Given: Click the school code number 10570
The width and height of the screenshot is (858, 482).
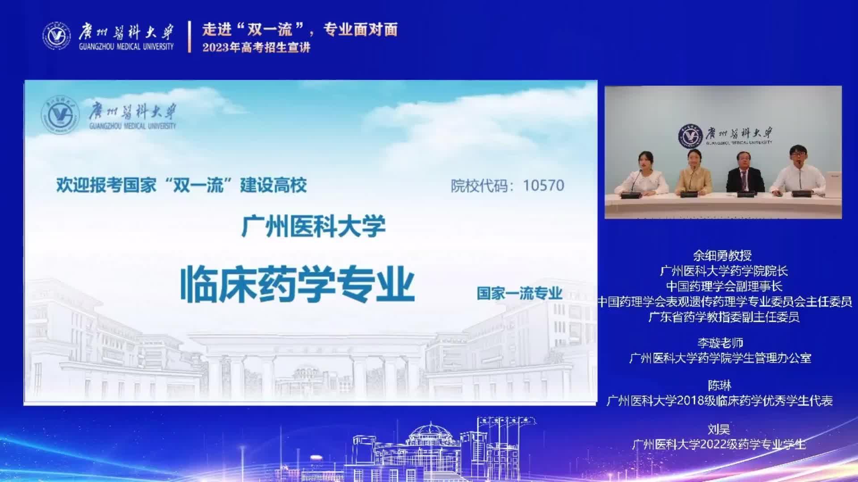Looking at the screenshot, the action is pyautogui.click(x=543, y=185).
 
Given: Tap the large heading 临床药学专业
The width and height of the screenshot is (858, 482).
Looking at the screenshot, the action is pyautogui.click(x=297, y=284).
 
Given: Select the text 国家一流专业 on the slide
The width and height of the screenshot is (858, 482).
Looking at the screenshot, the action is pyautogui.click(x=519, y=293).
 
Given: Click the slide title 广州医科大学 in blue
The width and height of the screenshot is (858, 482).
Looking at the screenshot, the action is pyautogui.click(x=313, y=226).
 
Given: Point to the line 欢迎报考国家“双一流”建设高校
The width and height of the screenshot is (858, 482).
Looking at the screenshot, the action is pyautogui.click(x=181, y=185).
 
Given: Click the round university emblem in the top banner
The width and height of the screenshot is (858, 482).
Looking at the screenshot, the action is pyautogui.click(x=56, y=36).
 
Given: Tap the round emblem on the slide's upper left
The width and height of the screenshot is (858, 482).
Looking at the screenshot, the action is pyautogui.click(x=60, y=116).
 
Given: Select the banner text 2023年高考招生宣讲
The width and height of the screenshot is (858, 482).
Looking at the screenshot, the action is pyautogui.click(x=256, y=47).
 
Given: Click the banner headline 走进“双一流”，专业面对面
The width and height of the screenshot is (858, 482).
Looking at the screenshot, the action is pyautogui.click(x=300, y=29).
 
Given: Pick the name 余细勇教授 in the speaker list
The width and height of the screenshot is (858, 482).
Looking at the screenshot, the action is pyautogui.click(x=722, y=256).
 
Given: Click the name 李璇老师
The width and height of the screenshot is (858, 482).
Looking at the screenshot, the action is pyautogui.click(x=720, y=343).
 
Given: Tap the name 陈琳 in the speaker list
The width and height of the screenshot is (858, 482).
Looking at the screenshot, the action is pyautogui.click(x=719, y=385).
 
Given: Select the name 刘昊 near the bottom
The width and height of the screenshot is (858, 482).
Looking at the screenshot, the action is pyautogui.click(x=719, y=429).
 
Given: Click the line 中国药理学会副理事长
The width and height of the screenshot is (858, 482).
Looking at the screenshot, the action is pyautogui.click(x=724, y=287).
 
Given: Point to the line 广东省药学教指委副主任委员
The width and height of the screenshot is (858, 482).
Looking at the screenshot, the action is pyautogui.click(x=724, y=317).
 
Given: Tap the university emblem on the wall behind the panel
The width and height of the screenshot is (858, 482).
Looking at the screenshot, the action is pyautogui.click(x=691, y=137).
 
